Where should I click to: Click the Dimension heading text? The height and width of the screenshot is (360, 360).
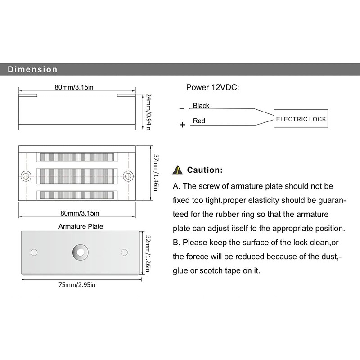tap(32, 70)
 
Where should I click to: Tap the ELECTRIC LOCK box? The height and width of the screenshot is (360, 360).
tap(301, 119)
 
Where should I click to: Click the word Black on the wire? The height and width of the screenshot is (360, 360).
tap(201, 106)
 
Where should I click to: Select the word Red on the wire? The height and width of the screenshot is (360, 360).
tap(199, 121)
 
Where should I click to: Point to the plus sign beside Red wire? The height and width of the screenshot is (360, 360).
tap(182, 125)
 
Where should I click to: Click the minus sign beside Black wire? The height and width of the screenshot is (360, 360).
tap(181, 109)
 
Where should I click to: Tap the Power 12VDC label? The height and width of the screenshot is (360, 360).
tap(212, 87)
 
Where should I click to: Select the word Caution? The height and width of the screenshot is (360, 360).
tap(205, 170)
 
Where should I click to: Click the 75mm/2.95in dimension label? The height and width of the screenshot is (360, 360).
tap(77, 284)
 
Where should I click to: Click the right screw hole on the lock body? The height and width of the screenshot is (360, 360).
tap(129, 175)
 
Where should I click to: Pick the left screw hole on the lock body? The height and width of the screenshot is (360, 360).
tap(27, 175)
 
